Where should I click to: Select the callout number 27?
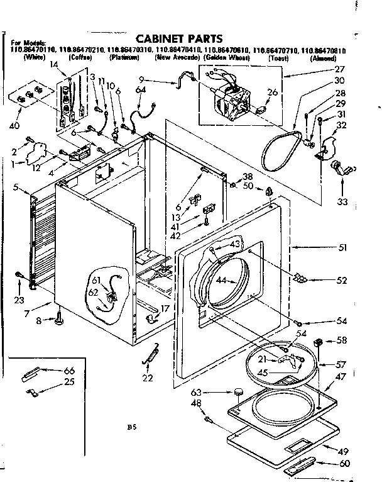340,70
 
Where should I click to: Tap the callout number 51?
342,247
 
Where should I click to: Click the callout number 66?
69,371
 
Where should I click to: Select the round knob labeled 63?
238,393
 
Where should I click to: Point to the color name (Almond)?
327,58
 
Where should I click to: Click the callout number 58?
342,340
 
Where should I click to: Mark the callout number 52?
342,281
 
